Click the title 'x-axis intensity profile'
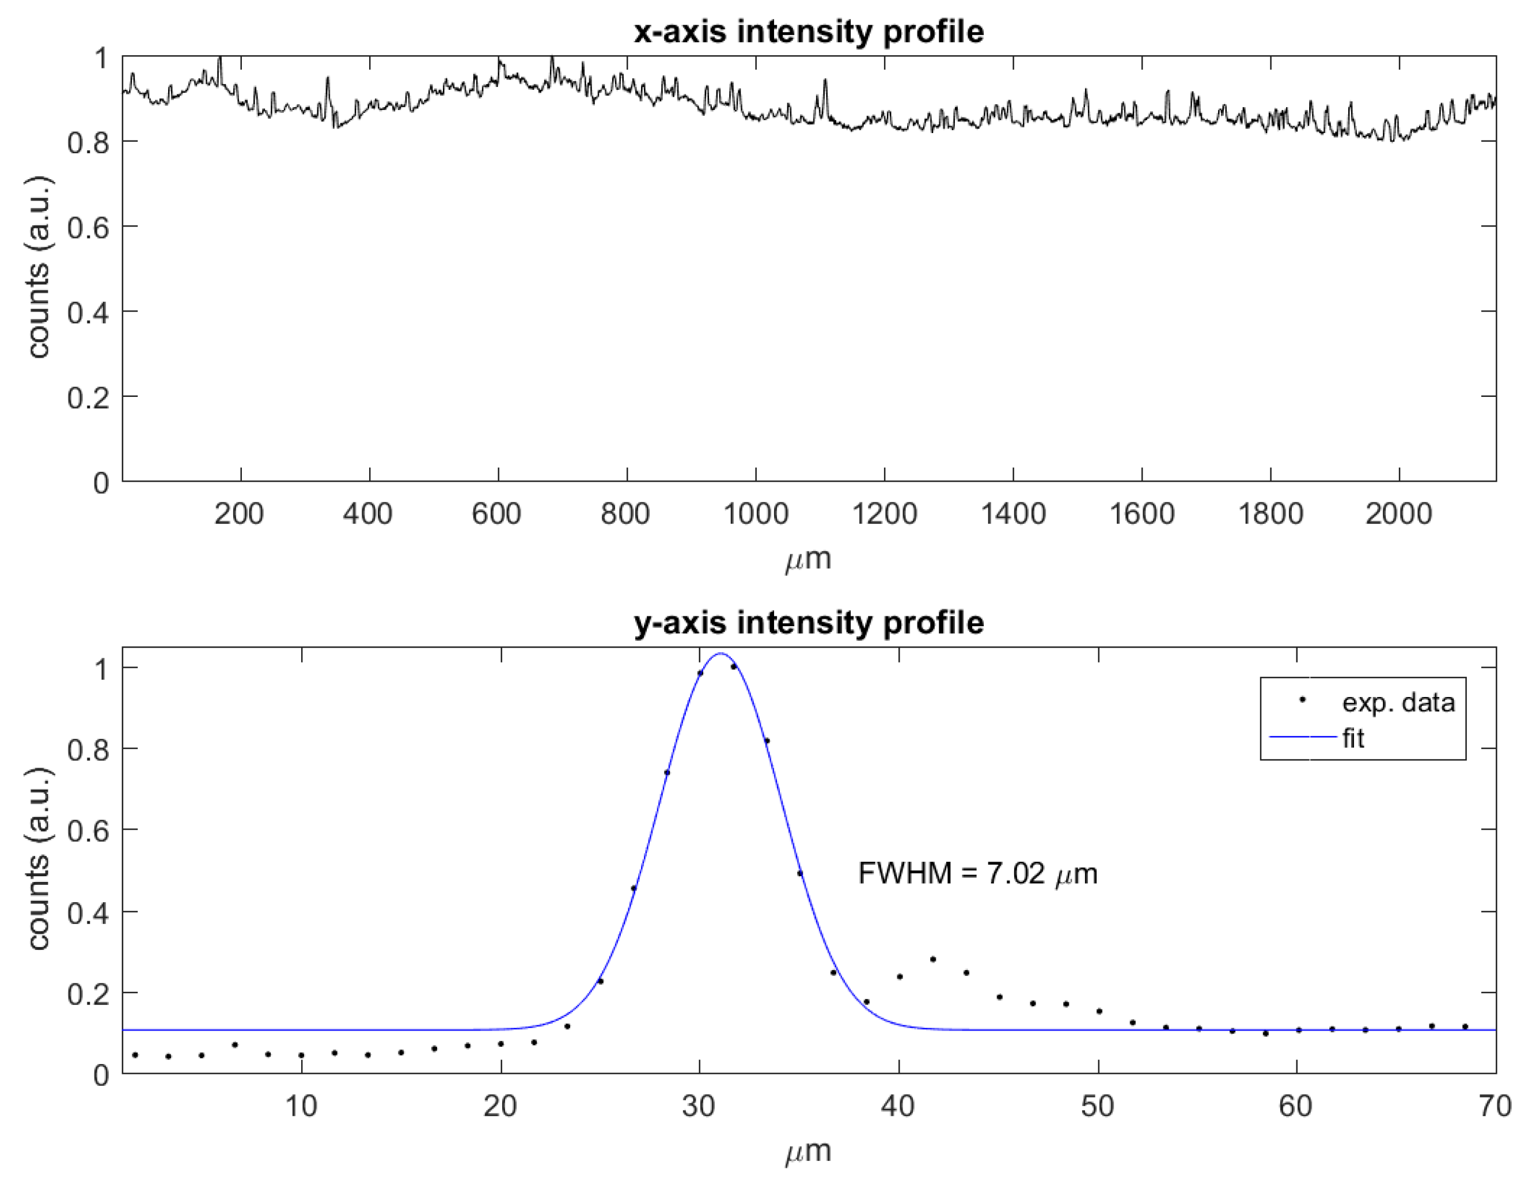click(808, 32)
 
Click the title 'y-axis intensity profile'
click(808, 623)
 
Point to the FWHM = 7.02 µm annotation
click(977, 874)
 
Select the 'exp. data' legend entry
click(1397, 702)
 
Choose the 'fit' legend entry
click(1353, 739)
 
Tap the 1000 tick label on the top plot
click(756, 514)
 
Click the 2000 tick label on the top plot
click(1398, 514)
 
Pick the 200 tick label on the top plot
click(239, 514)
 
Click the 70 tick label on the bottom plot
click(1494, 1107)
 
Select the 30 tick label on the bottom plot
click(699, 1107)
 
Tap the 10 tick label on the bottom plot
click(301, 1107)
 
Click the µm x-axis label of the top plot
click(808, 559)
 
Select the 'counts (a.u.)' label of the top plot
click(39, 267)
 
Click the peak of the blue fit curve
click(721, 654)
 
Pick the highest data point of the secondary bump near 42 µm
click(933, 959)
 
